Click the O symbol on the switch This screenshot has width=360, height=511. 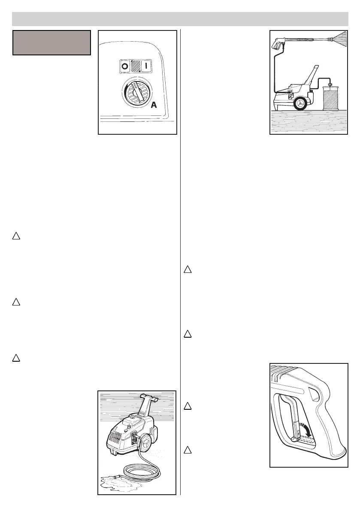click(x=124, y=67)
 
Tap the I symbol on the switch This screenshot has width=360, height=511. click(x=146, y=67)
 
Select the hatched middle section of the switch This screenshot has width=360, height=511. click(x=135, y=67)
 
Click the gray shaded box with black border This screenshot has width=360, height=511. click(x=51, y=42)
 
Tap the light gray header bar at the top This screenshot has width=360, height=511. click(x=180, y=19)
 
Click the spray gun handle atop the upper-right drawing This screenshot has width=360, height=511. click(x=278, y=44)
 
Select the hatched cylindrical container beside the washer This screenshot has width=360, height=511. click(x=331, y=99)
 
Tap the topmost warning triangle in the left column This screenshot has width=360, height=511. click(x=15, y=236)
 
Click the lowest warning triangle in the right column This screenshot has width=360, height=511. click(x=188, y=451)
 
